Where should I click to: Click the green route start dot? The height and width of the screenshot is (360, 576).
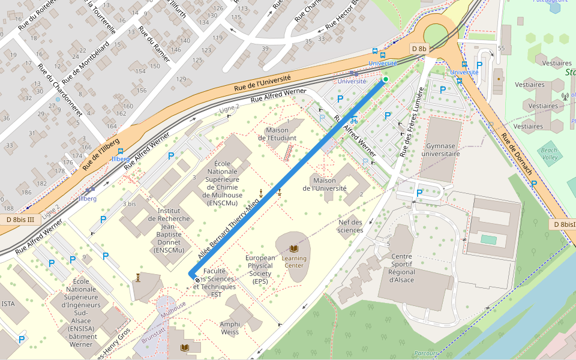pyautogui.click(x=386, y=79)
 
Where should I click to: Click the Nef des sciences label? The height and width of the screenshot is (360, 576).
pyautogui.click(x=350, y=226)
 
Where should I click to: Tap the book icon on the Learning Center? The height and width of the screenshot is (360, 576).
pyautogui.click(x=294, y=248)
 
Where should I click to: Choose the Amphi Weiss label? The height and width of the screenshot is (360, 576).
pyautogui.click(x=230, y=328)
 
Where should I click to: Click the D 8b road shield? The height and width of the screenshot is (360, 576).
pyautogui.click(x=419, y=49)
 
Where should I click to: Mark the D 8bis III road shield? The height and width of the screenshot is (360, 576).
pyautogui.click(x=20, y=220)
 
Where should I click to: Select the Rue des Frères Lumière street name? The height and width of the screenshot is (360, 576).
pyautogui.click(x=412, y=122)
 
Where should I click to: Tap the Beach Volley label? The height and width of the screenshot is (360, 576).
pyautogui.click(x=549, y=154)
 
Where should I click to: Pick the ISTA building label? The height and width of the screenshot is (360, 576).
pyautogui.click(x=8, y=304)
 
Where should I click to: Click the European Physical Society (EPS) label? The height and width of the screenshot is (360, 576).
pyautogui.click(x=260, y=269)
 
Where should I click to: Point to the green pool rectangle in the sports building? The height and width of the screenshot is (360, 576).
pyautogui.click(x=488, y=239)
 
